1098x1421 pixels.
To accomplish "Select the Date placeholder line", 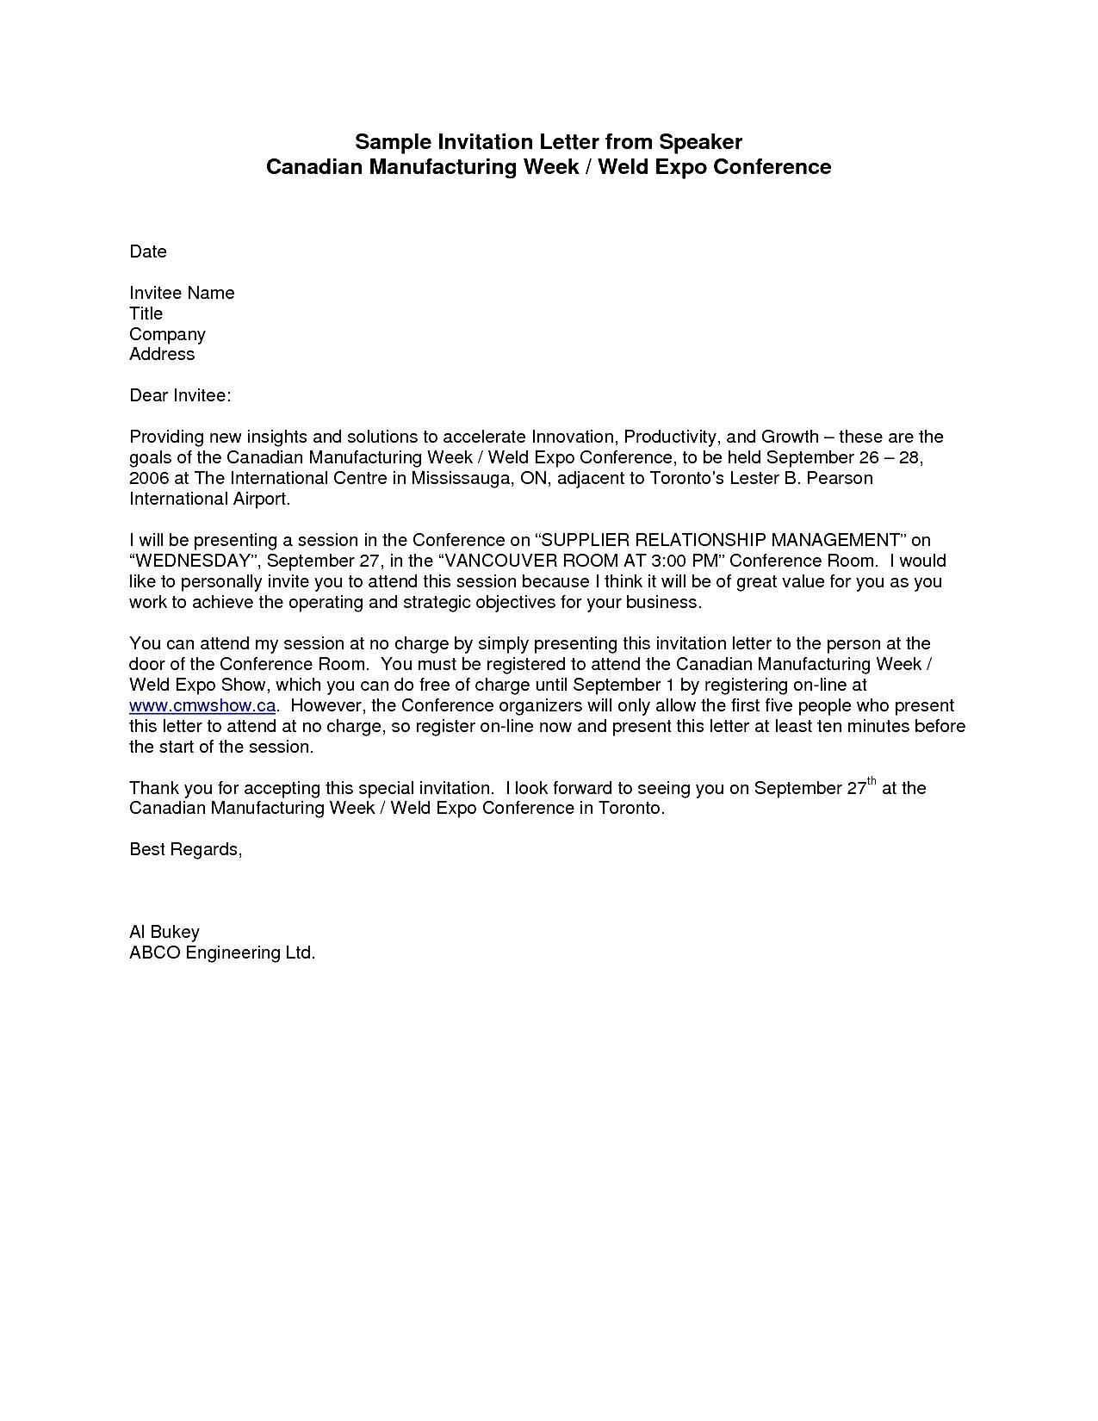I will pos(148,251).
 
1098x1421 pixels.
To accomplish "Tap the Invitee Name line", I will pos(182,293).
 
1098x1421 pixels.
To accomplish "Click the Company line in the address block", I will pos(167,334).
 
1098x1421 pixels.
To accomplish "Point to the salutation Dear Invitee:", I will pos(180,395).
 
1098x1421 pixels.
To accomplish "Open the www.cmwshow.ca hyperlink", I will pos(202,705).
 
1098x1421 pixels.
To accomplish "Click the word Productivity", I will pos(670,437).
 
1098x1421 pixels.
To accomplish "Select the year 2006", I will pos(149,478).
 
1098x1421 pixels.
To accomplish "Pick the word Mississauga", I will pos(458,478).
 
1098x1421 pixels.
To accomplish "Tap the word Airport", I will pos(262,499).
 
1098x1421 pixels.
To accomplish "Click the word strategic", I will pos(436,602).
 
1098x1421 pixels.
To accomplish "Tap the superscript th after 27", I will pos(872,782).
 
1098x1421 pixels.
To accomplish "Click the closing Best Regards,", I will pos(186,849).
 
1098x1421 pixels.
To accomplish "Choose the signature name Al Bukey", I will pos(164,932).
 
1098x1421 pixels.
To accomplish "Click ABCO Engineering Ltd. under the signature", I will pos(222,953).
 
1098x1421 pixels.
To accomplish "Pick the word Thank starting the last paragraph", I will pos(152,788).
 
